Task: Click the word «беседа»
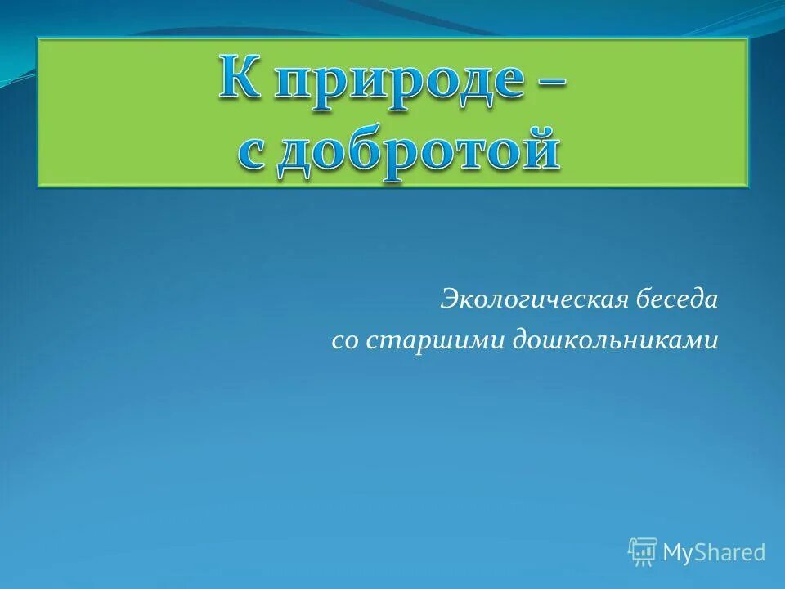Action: point(676,299)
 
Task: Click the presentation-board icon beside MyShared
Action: point(643,552)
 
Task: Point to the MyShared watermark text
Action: point(714,553)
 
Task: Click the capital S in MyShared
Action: point(703,552)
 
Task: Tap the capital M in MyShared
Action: point(674,552)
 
